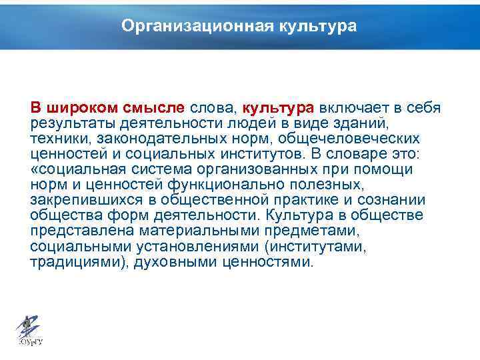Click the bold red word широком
pos(82,108)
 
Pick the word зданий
pos(367,123)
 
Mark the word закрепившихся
pos(81,200)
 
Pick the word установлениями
pos(180,246)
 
